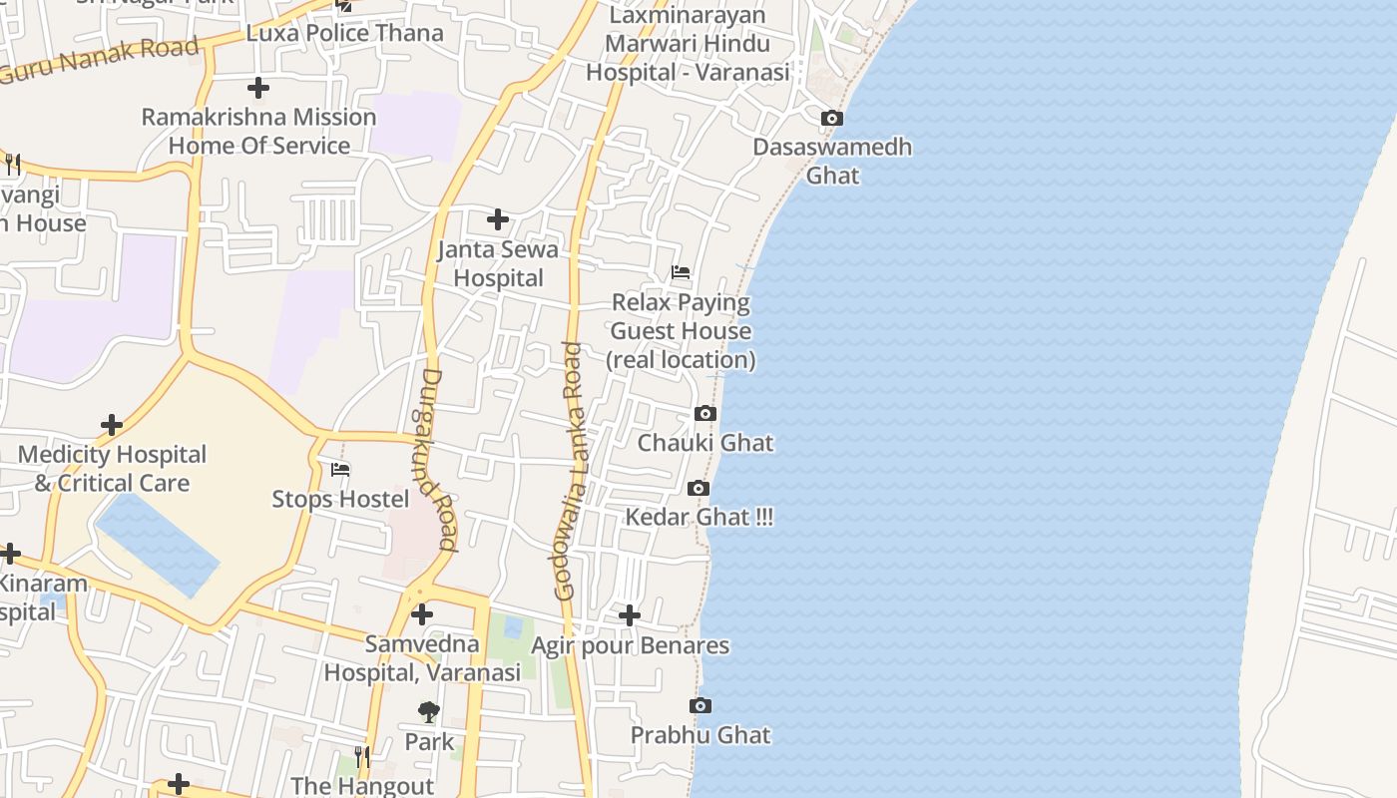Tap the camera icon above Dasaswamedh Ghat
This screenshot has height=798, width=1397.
click(x=831, y=119)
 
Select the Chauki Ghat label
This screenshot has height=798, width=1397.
click(x=705, y=443)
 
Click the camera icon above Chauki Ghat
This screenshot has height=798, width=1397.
click(x=704, y=413)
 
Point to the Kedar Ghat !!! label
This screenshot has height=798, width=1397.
click(x=698, y=518)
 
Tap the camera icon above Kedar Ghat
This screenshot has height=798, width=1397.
click(x=698, y=488)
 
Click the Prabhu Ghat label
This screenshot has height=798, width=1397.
click(x=700, y=735)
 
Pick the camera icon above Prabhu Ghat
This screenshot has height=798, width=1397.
click(x=700, y=706)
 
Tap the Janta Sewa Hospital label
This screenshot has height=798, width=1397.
click(x=498, y=263)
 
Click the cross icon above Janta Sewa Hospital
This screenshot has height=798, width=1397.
click(x=497, y=219)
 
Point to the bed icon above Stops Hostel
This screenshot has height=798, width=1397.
click(x=340, y=469)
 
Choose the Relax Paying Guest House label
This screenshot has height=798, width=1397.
click(x=681, y=330)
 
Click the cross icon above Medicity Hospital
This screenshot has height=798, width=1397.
click(x=112, y=426)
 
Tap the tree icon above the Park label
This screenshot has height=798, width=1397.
click(x=429, y=711)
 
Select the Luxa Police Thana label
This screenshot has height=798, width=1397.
click(x=344, y=33)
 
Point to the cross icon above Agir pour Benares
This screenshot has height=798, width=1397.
click(x=629, y=615)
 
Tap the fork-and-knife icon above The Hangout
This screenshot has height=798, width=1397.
click(x=362, y=757)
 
